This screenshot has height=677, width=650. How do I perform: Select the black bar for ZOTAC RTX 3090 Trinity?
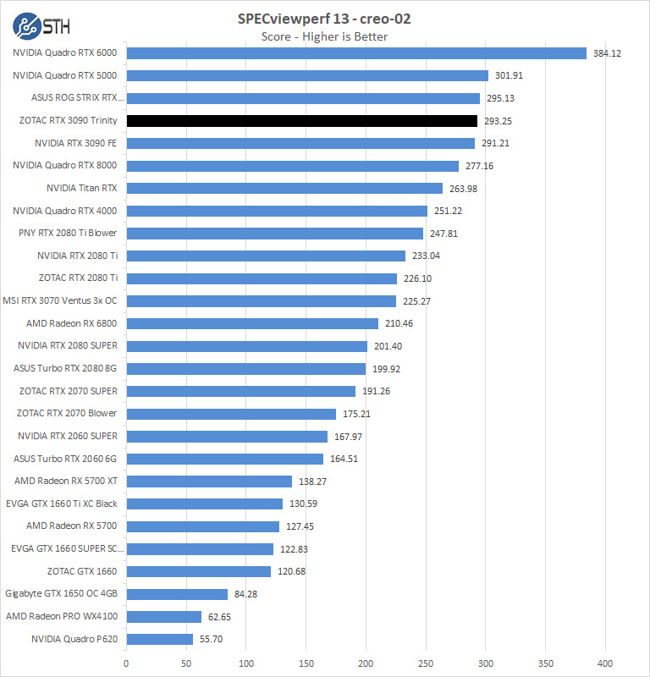click(x=302, y=121)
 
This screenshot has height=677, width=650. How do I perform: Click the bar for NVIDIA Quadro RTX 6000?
click(x=356, y=53)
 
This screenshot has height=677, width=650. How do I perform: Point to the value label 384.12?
click(x=607, y=53)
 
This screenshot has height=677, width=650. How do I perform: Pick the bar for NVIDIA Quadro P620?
click(x=160, y=640)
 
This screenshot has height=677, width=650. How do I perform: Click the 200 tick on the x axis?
click(x=366, y=663)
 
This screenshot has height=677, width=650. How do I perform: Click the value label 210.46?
click(x=399, y=323)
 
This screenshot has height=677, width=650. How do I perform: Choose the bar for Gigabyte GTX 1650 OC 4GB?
click(x=177, y=594)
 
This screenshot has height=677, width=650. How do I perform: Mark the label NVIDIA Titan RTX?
click(x=81, y=188)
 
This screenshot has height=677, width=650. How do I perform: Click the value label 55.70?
click(x=210, y=640)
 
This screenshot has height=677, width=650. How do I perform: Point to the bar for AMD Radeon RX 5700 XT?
click(x=209, y=482)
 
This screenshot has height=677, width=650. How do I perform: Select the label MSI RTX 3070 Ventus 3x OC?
click(x=60, y=300)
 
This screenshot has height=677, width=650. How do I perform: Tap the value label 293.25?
click(x=498, y=121)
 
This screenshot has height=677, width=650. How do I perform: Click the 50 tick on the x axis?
click(x=186, y=663)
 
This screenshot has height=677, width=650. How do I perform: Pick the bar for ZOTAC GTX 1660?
click(x=199, y=572)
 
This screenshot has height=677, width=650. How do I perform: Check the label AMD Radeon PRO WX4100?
click(x=62, y=617)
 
